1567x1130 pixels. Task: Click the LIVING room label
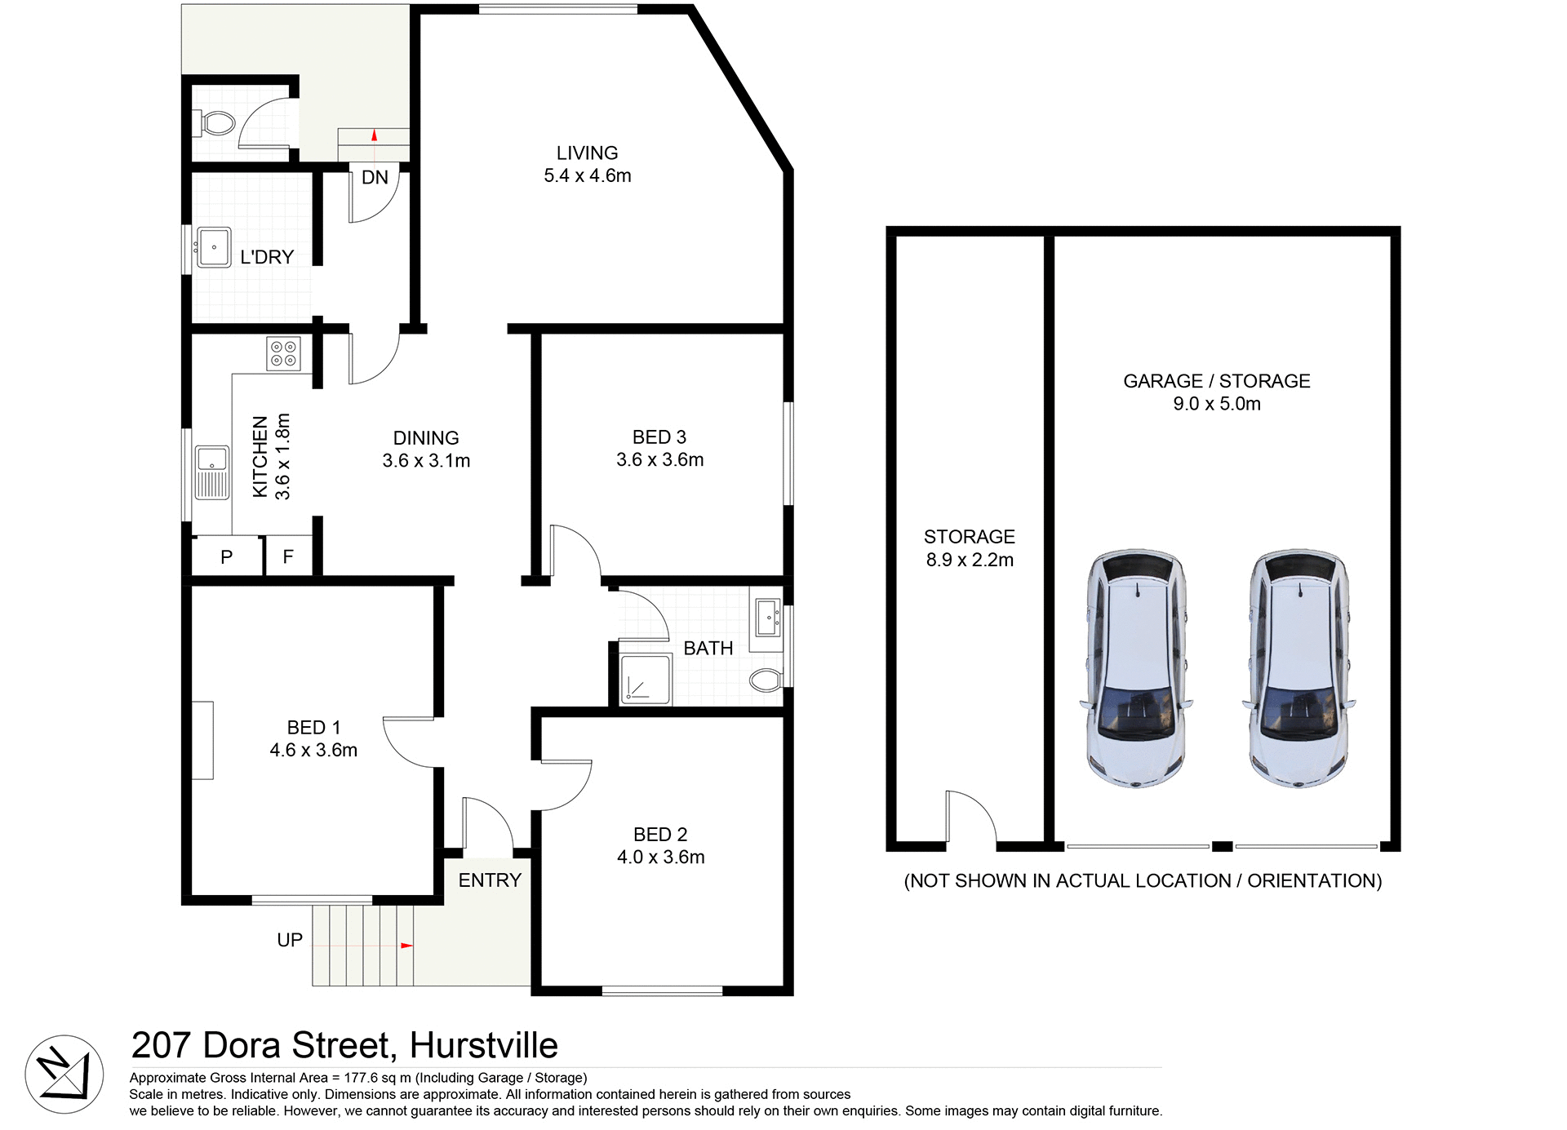pyautogui.click(x=587, y=153)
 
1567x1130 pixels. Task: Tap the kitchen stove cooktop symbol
pyautogui.click(x=283, y=353)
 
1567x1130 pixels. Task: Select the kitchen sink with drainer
pyautogui.click(x=212, y=472)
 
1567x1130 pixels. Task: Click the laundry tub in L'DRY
pyautogui.click(x=214, y=247)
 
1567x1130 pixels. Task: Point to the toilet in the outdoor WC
pyautogui.click(x=215, y=124)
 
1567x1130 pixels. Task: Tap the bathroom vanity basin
pyautogui.click(x=767, y=618)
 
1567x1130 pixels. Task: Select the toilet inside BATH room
pyautogui.click(x=766, y=680)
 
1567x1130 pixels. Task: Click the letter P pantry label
pyautogui.click(x=227, y=557)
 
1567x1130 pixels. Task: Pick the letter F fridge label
pyautogui.click(x=288, y=557)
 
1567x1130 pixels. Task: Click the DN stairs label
pyautogui.click(x=375, y=178)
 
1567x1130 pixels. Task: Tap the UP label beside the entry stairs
pyautogui.click(x=290, y=940)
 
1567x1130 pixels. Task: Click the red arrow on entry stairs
pyautogui.click(x=406, y=946)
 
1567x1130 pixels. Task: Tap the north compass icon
pyautogui.click(x=64, y=1074)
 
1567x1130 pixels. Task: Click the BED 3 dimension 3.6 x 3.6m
pyautogui.click(x=659, y=460)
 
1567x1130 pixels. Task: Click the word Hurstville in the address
pyautogui.click(x=483, y=1045)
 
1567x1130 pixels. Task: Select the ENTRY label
pyautogui.click(x=490, y=880)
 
